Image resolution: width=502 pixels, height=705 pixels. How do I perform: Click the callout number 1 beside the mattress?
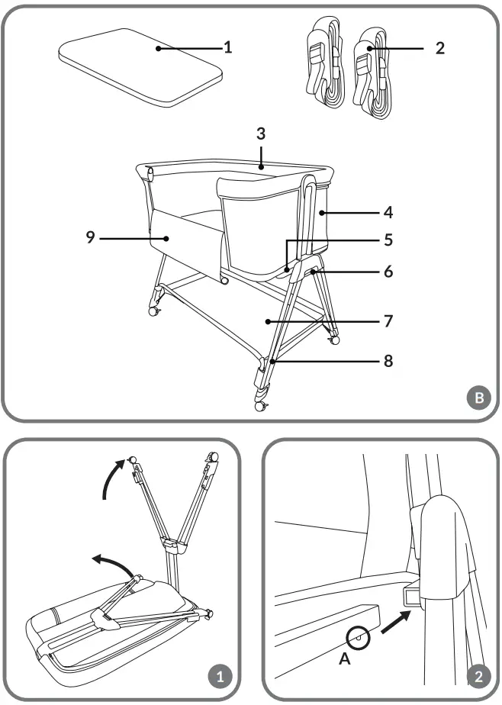[x=227, y=47]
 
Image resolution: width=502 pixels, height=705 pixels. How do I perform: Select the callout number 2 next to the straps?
[x=439, y=47]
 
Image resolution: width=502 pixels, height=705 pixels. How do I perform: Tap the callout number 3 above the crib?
[x=260, y=134]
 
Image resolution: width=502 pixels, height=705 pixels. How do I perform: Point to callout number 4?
[x=389, y=210]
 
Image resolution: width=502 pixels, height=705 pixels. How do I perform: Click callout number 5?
[x=389, y=240]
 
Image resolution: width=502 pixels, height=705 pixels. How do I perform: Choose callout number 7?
[x=389, y=321]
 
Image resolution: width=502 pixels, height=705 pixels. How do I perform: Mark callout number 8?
[x=389, y=360]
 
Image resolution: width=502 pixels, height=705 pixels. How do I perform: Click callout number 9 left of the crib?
[x=90, y=237]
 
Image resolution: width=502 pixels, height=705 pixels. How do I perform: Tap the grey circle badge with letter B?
[x=478, y=398]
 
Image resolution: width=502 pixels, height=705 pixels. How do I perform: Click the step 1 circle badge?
[x=220, y=676]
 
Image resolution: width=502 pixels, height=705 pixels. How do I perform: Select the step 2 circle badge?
[x=478, y=676]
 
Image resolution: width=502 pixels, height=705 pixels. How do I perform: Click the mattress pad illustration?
[x=141, y=66]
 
